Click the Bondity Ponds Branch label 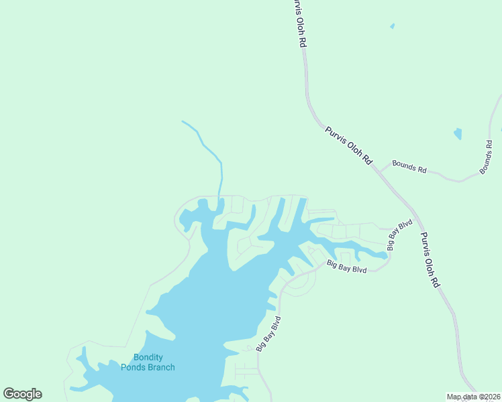coord(148,362)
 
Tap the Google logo coord(22,394)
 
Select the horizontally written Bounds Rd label coord(409,167)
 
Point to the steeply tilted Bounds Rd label coord(486,157)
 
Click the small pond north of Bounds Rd coord(458,133)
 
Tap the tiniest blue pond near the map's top coord(392,27)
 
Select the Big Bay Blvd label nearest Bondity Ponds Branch coord(267,334)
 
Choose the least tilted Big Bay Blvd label coord(346,266)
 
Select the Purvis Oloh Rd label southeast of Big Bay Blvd coord(430,260)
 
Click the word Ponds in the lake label coord(134,366)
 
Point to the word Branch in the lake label coord(162,366)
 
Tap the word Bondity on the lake coord(148,357)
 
